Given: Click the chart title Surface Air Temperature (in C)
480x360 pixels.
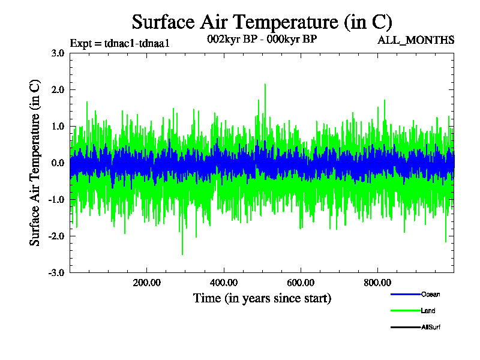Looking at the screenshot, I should [x=262, y=22].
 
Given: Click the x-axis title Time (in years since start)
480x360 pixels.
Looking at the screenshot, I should [x=262, y=298].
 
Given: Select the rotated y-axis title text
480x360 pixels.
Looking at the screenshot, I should [x=35, y=163].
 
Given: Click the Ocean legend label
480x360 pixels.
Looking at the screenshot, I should [x=430, y=295].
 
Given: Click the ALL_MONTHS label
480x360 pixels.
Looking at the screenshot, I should [x=416, y=40].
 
